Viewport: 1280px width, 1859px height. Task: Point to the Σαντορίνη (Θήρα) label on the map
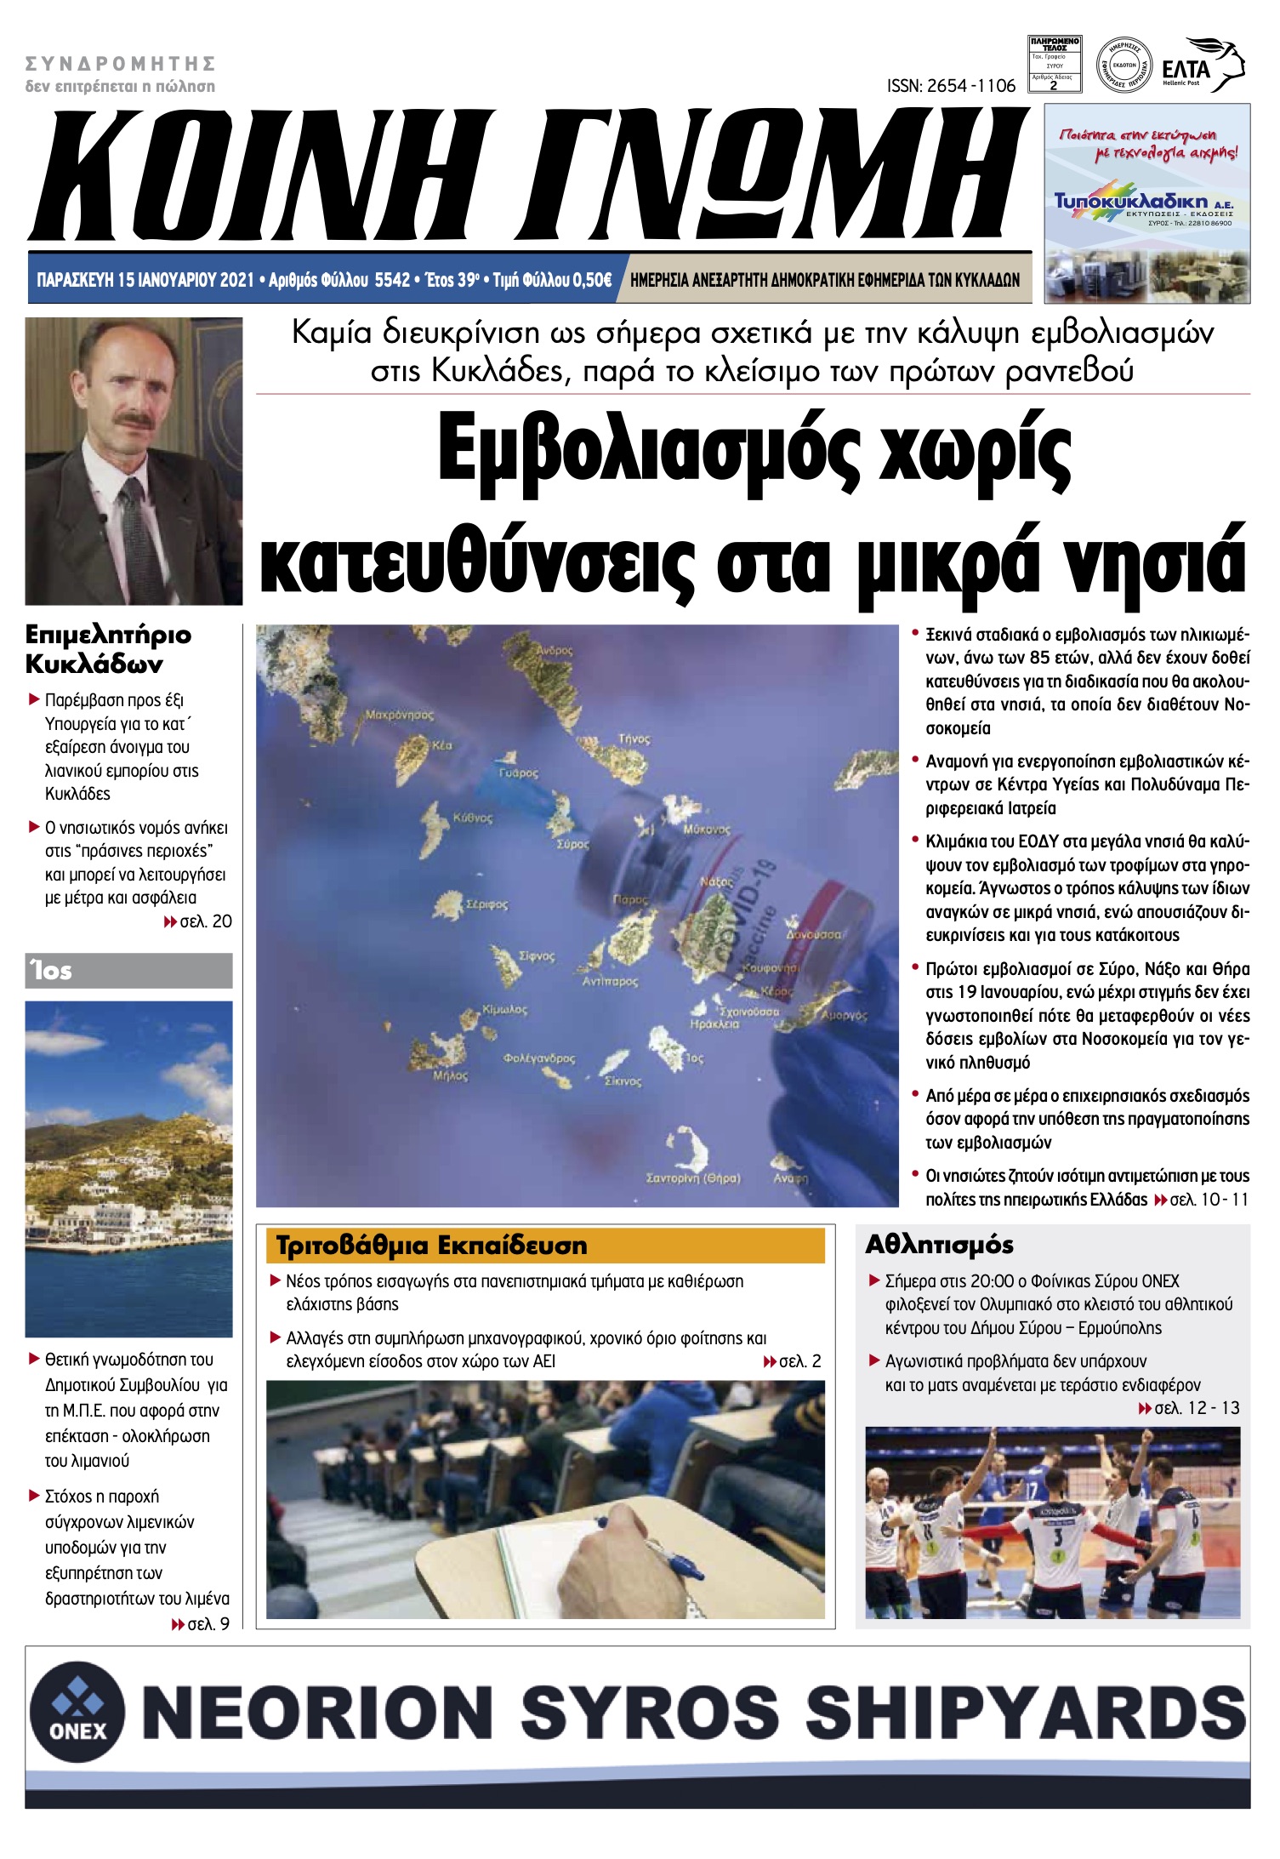click(x=692, y=1178)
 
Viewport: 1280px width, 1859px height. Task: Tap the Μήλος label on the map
click(x=450, y=1076)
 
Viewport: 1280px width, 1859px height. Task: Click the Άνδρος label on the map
click(x=554, y=651)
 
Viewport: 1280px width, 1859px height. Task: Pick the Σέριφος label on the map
click(x=486, y=904)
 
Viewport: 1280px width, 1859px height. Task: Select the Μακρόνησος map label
click(x=399, y=715)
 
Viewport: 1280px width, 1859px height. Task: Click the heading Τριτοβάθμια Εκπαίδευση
click(x=431, y=1246)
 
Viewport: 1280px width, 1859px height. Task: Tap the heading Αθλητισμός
click(x=939, y=1245)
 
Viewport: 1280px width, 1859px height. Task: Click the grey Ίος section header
click(x=128, y=971)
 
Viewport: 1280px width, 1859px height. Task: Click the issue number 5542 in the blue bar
click(x=392, y=280)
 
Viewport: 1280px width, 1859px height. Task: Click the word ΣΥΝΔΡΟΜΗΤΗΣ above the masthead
click(x=120, y=64)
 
